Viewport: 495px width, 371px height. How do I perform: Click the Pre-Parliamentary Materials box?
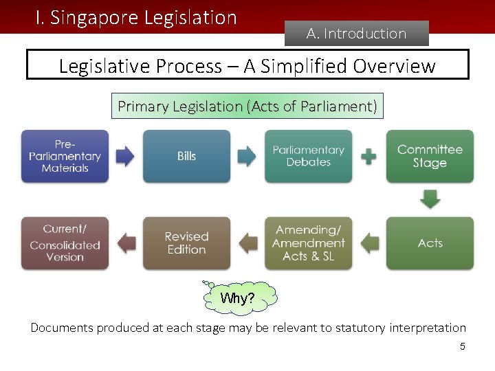pos(65,156)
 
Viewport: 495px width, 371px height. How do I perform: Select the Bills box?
pos(186,156)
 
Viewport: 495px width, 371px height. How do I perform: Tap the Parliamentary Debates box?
pos(308,156)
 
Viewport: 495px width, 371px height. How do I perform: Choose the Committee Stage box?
pos(430,156)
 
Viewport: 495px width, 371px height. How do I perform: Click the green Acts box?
pos(430,243)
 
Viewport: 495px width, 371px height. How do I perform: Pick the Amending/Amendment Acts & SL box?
pos(308,243)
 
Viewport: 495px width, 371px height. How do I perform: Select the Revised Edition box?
pos(186,243)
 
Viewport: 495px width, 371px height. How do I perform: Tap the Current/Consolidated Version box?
pos(65,243)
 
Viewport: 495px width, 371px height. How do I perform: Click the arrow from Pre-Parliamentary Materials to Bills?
pos(125,156)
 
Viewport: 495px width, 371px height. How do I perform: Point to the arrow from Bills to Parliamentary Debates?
pos(247,156)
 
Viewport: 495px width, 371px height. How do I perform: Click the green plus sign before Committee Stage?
pos(369,156)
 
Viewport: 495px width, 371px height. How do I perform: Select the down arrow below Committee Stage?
pos(430,199)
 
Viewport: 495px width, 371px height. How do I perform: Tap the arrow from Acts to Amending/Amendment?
pos(369,243)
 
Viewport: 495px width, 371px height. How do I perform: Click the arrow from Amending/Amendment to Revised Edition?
pos(247,243)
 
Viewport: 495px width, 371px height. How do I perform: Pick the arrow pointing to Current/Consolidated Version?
pos(126,243)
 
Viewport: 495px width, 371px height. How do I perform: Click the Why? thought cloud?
pos(239,298)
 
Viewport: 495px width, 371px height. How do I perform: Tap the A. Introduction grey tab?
pos(356,33)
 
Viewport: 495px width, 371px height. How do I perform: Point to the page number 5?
pos(463,346)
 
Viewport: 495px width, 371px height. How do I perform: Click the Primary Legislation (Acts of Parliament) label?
pos(247,106)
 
